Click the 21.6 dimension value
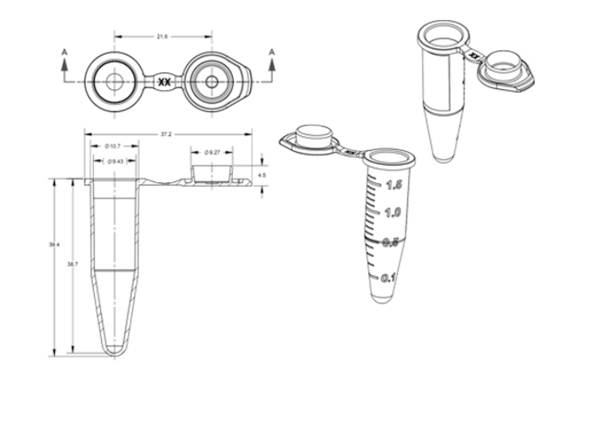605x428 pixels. (162, 37)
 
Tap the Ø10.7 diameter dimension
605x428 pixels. (113, 146)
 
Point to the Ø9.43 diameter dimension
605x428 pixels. (114, 161)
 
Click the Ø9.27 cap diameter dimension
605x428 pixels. (211, 152)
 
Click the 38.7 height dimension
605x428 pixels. (72, 263)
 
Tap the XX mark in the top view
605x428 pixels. (164, 82)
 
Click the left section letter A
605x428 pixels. (64, 52)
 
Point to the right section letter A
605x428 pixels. (272, 52)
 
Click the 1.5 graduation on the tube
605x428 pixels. (392, 185)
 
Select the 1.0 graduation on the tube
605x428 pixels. (391, 213)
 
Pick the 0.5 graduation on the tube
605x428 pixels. (390, 243)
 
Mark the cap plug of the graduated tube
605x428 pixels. (312, 135)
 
